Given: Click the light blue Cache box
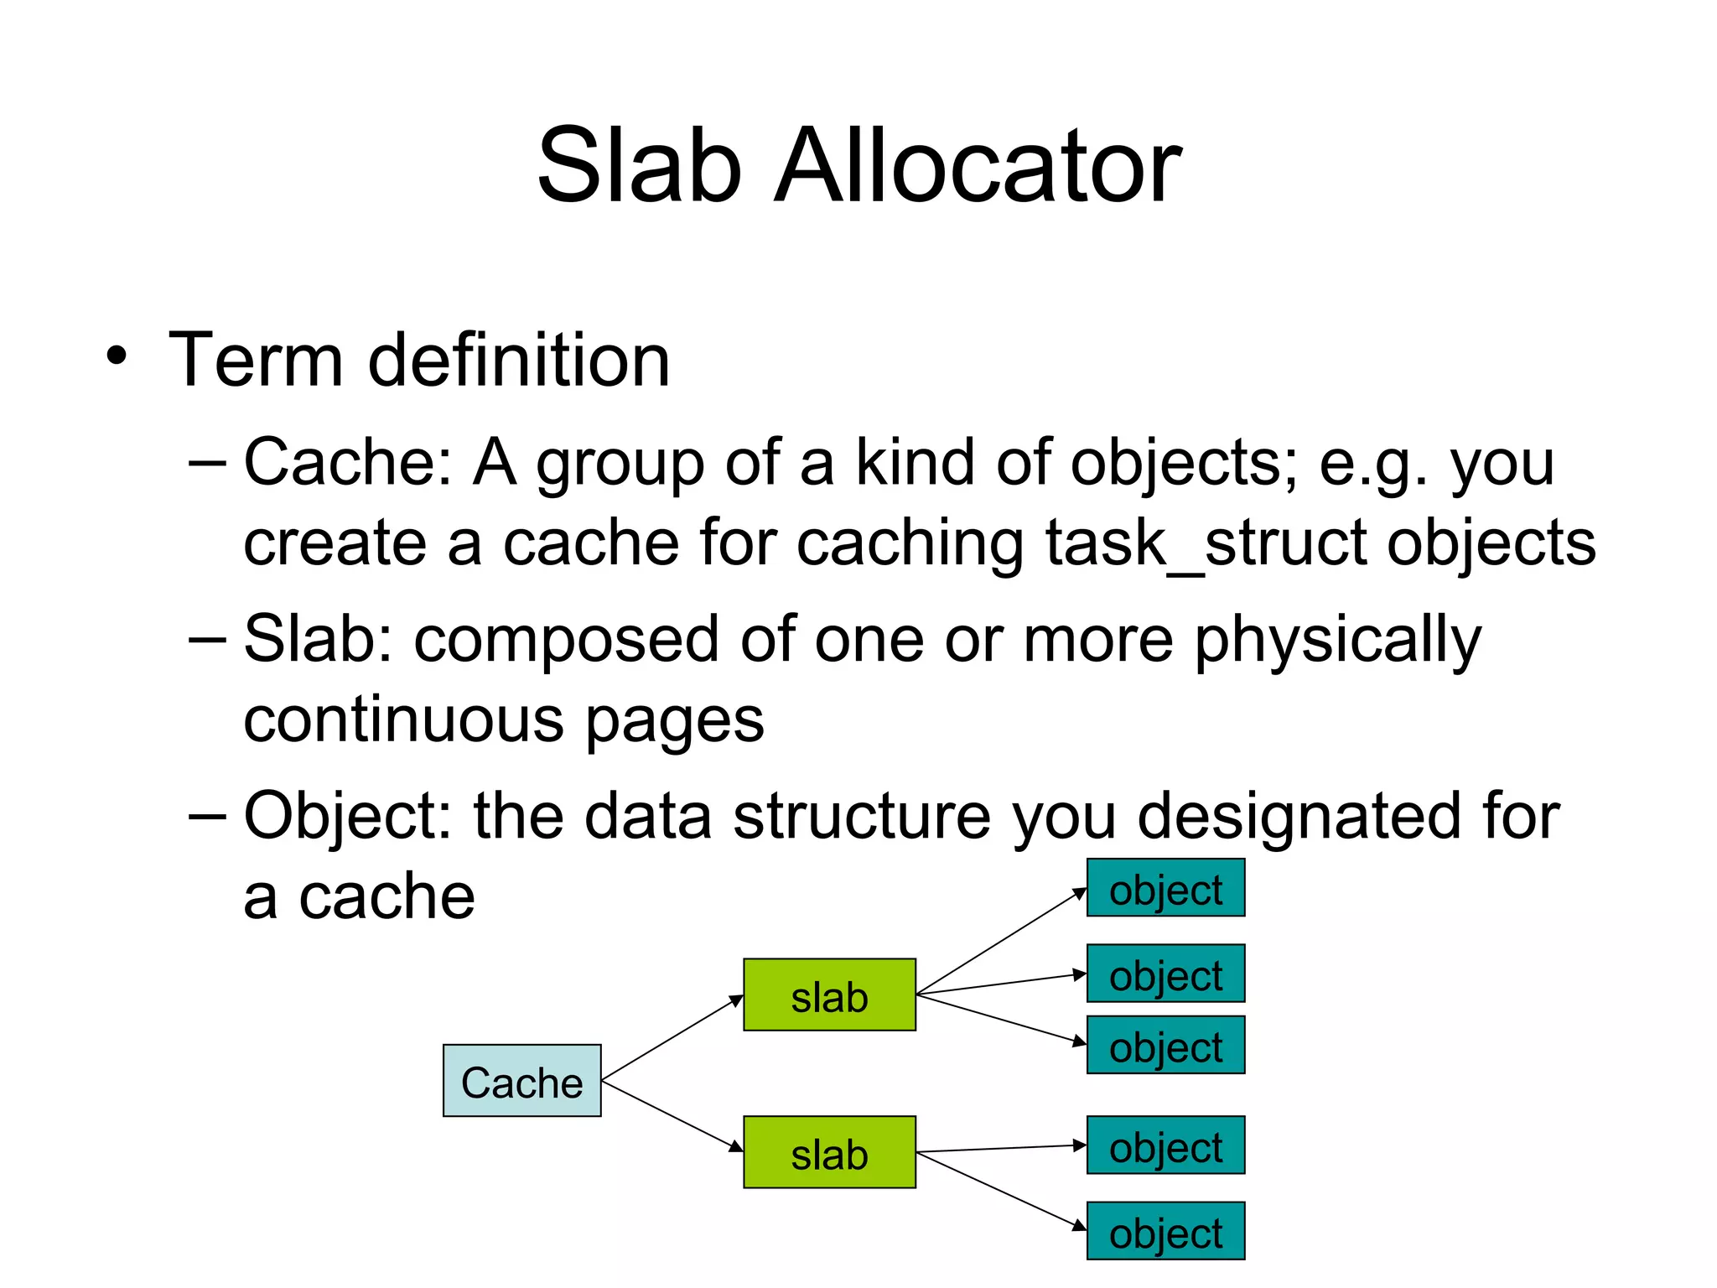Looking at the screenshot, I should click(x=521, y=1080).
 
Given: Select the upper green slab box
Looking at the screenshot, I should click(x=829, y=995).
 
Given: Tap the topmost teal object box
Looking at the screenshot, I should click(x=1165, y=887).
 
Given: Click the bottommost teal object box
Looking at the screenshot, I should click(x=1165, y=1230).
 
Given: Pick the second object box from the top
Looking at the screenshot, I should click(x=1165, y=974).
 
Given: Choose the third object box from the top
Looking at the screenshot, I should click(x=1165, y=1045).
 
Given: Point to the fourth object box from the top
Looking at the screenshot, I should click(x=1165, y=1145).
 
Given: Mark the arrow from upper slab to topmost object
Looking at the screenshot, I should click(x=1002, y=941).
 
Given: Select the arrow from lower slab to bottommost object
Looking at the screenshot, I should click(x=1002, y=1192).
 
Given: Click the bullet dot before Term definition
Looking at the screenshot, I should click(x=117, y=356).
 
